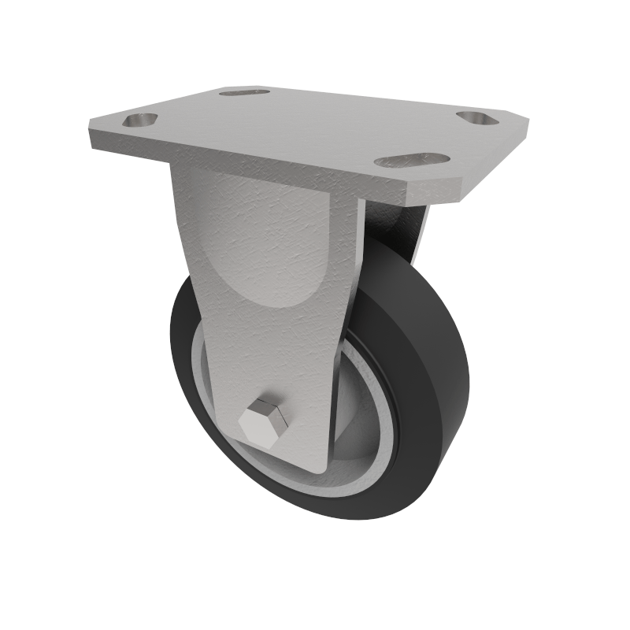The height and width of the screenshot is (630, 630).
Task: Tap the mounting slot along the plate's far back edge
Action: [244, 93]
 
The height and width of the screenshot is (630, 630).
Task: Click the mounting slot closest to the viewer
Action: [411, 161]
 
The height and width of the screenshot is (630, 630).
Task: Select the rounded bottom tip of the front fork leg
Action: [315, 465]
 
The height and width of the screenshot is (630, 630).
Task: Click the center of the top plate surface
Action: [307, 126]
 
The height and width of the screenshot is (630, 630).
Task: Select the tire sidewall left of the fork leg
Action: [185, 354]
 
